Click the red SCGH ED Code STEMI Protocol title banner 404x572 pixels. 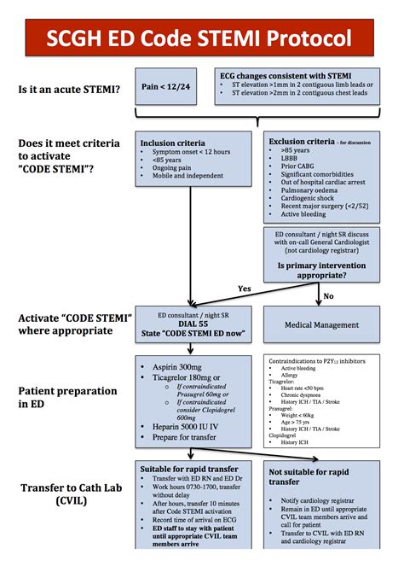tap(201, 37)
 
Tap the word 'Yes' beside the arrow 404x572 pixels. tap(245, 289)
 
